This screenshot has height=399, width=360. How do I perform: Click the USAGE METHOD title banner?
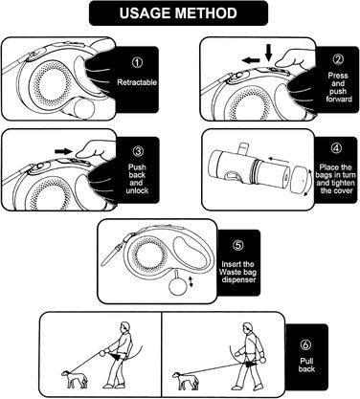click(x=178, y=13)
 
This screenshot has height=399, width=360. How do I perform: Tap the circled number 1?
click(x=137, y=62)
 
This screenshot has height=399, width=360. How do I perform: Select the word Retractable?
click(x=137, y=82)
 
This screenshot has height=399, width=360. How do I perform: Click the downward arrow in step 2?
click(x=269, y=53)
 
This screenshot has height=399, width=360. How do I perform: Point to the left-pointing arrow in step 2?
click(x=251, y=60)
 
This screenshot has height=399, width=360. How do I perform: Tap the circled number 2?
click(x=338, y=59)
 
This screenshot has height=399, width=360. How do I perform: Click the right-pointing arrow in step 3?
click(x=64, y=151)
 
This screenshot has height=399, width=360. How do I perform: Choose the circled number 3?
click(x=138, y=151)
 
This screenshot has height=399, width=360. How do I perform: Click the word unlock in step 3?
click(x=137, y=190)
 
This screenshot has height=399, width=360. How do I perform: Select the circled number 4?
click(x=336, y=148)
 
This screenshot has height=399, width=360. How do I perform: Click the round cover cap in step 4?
click(x=299, y=179)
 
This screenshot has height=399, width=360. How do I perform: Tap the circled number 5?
click(x=238, y=245)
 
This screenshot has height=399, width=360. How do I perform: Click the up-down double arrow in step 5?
click(x=191, y=281)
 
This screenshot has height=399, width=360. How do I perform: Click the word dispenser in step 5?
click(x=238, y=279)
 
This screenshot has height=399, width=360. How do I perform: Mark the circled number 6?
click(x=305, y=344)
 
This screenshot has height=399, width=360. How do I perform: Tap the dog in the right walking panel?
click(x=186, y=380)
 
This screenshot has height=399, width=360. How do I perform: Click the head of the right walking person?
click(x=246, y=328)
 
